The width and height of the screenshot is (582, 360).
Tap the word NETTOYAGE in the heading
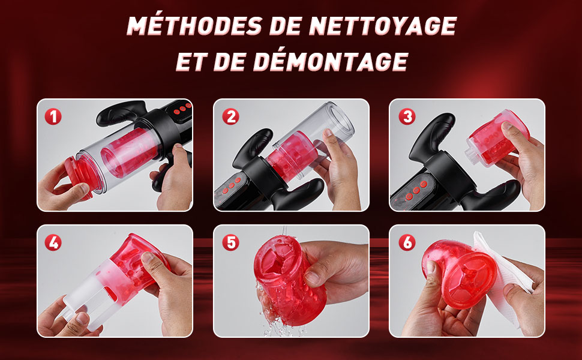click(383, 26)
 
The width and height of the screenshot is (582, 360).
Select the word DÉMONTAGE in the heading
click(331, 61)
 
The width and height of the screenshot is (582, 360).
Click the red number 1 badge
click(53, 116)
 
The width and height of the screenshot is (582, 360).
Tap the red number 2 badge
click(230, 116)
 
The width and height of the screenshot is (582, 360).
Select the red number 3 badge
click(407, 116)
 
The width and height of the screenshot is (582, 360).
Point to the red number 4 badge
click(53, 243)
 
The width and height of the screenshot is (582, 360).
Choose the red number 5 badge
click(230, 243)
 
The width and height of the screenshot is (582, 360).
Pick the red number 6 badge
click(407, 243)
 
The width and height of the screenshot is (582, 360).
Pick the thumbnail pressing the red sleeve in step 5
click(310, 278)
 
